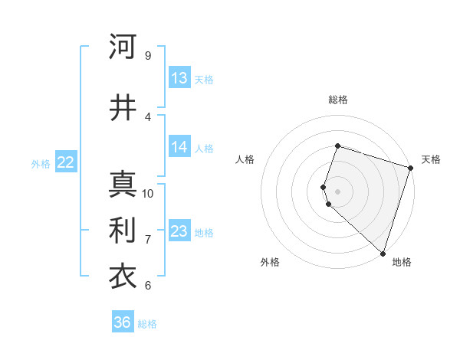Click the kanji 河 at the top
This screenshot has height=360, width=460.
[x=123, y=47]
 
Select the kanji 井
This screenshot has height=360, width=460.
[x=123, y=108]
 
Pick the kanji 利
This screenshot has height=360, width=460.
[x=123, y=231]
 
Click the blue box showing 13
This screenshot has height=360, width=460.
[x=179, y=78]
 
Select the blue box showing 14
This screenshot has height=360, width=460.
[x=179, y=147]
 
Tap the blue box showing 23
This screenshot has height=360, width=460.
[x=179, y=231]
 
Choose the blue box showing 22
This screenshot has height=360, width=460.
[x=66, y=162]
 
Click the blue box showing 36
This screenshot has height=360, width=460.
[x=122, y=322]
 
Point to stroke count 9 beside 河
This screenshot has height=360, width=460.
[x=147, y=56]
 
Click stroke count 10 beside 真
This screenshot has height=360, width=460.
[x=148, y=193]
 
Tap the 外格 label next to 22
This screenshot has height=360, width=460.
[x=41, y=163]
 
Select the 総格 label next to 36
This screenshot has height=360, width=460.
[x=147, y=324]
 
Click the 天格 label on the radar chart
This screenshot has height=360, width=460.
[x=431, y=159]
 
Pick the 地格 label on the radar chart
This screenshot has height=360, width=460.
[x=402, y=263]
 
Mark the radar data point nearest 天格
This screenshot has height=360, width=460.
[x=410, y=168]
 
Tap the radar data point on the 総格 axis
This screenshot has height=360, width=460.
[x=337, y=146]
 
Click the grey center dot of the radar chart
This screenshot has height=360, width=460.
[x=337, y=191]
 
